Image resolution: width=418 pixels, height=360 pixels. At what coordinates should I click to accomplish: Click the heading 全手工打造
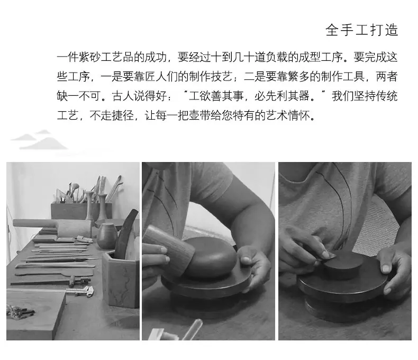[x=362, y=30]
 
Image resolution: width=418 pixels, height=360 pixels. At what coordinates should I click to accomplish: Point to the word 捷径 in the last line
[x=123, y=115]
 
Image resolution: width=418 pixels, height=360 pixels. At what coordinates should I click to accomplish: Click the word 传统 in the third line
[x=387, y=96]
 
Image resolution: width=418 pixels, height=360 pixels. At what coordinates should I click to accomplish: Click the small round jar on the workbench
[x=107, y=236]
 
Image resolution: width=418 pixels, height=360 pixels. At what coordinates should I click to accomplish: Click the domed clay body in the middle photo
[x=210, y=257]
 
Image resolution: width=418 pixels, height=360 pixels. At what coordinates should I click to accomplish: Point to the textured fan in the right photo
[x=378, y=227]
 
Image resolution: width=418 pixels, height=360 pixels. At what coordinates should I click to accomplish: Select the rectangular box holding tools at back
[x=80, y=211]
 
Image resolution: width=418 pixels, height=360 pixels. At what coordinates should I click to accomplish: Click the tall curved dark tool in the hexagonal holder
[x=126, y=235]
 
